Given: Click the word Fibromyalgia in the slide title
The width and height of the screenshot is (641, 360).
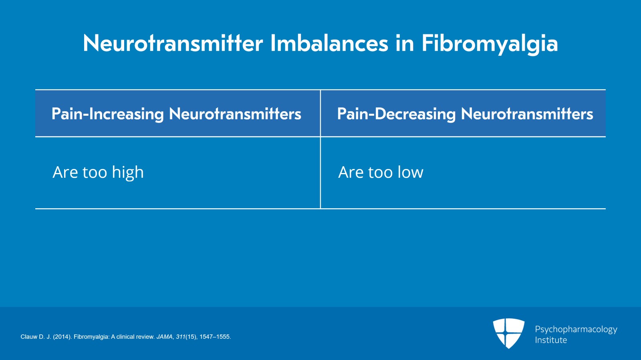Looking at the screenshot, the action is pos(490,44).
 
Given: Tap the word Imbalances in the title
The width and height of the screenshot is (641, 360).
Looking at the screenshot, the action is pos(329,43).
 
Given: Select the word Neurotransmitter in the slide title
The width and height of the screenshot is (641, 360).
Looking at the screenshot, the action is pos(173,43).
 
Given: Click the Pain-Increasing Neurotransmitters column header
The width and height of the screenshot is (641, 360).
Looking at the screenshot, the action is pos(176,114).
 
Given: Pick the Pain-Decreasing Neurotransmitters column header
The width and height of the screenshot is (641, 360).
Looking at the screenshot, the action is pos(465,114).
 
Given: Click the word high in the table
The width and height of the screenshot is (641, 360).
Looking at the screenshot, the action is pos(128,173).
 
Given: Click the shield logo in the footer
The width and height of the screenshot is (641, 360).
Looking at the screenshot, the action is pos(508,333).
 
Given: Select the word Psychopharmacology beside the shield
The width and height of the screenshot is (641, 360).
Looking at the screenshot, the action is pos(576,330).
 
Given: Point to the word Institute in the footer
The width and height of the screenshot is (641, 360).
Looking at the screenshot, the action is pos(551,340).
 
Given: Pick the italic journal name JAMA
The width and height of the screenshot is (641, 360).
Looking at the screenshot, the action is pos(165,337).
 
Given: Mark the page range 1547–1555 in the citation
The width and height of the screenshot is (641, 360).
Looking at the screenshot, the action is pos(215,337).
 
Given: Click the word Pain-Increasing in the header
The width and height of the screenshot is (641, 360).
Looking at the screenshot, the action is pos(108,114).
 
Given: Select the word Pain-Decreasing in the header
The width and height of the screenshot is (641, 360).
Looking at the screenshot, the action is pos(396,114).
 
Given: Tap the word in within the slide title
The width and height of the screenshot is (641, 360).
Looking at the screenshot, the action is pos(405,44).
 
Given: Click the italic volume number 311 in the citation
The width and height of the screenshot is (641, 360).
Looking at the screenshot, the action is pos(181,337).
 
